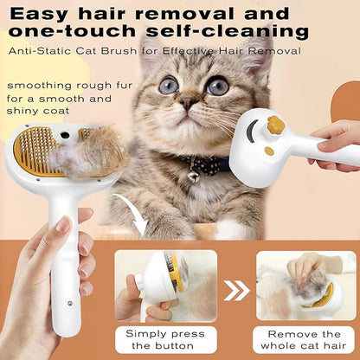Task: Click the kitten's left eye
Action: tap(168, 85)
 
